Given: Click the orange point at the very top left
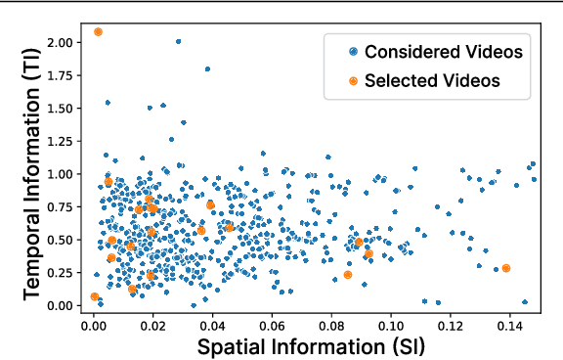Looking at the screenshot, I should tap(99, 32).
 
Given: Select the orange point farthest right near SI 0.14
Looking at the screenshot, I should tap(506, 268).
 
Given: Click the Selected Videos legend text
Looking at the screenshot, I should tap(432, 81).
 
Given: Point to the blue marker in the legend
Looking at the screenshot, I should tap(353, 51).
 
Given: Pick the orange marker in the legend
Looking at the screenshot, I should tap(353, 81).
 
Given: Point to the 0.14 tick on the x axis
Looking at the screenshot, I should tap(511, 323).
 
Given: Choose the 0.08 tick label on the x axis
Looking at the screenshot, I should tap(332, 323).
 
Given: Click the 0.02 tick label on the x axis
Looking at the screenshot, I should tap(153, 323).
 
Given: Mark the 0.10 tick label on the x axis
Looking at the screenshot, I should tap(392, 323).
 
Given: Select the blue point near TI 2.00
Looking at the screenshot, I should tap(178, 42).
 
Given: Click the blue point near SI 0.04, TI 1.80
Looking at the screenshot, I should tap(207, 69).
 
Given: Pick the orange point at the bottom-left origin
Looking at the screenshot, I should tap(95, 296).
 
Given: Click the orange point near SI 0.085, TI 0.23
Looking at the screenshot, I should tap(348, 275).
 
